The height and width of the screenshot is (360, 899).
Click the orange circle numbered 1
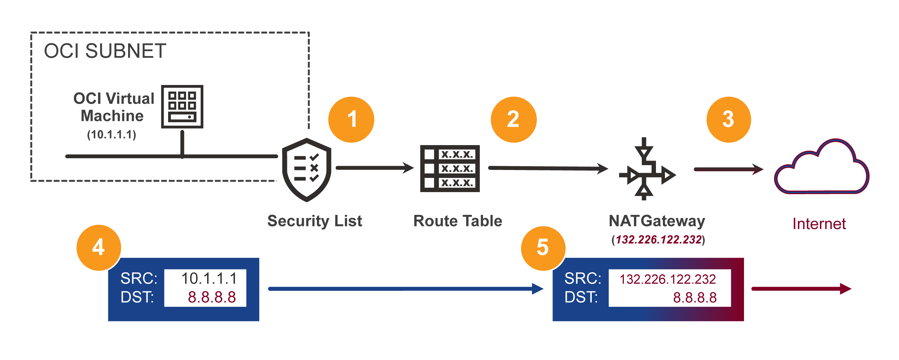tap(351, 120)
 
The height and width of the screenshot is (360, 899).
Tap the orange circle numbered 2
tap(513, 120)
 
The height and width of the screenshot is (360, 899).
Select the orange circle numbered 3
tap(728, 120)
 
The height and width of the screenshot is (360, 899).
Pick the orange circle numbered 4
tap(99, 248)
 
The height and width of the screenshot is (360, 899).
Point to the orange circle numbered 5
tap(543, 248)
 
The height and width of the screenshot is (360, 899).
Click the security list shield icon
tap(307, 170)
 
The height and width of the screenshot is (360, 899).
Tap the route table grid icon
tap(450, 168)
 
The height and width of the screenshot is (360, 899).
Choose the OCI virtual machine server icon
tap(182, 106)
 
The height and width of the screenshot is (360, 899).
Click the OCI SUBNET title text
tap(105, 51)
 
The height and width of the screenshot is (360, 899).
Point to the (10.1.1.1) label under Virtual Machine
tap(112, 134)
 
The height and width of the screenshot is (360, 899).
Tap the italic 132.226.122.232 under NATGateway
tap(658, 239)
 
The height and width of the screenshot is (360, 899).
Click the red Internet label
tap(819, 224)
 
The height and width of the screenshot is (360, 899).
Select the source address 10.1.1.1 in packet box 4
tap(209, 279)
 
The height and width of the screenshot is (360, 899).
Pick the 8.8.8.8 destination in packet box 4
tap(212, 297)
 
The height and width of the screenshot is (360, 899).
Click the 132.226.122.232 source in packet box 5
tap(667, 280)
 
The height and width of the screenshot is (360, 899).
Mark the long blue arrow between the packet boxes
tap(405, 289)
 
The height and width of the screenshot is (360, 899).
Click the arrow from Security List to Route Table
tap(374, 168)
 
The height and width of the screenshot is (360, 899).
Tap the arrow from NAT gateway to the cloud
tap(728, 170)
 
